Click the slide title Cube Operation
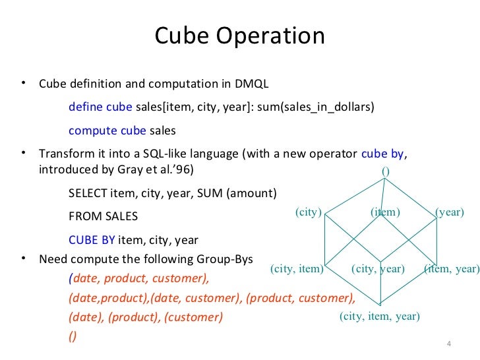click(239, 36)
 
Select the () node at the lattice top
click(386, 171)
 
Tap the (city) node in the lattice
click(307, 212)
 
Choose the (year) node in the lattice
click(450, 212)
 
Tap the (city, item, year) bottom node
click(379, 316)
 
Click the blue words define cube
click(100, 107)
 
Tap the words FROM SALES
click(104, 217)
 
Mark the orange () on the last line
click(73, 336)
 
